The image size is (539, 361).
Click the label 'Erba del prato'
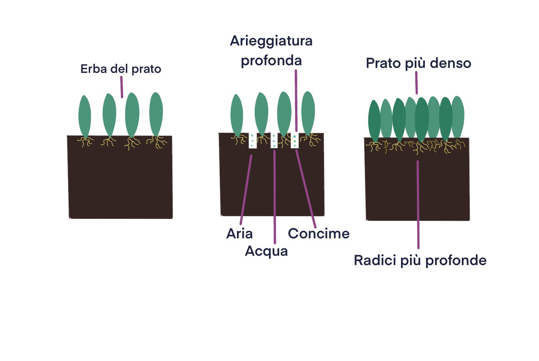coord(121,69)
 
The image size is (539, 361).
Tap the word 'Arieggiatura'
coord(271,41)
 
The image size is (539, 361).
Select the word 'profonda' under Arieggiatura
coord(271,61)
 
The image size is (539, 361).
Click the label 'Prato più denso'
coord(418,63)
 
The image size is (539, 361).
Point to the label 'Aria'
coord(239,234)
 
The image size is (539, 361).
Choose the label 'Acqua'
coord(266,251)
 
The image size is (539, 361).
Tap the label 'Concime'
coord(318,234)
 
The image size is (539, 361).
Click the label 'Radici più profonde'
coord(420,260)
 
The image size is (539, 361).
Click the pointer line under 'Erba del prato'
coord(122,87)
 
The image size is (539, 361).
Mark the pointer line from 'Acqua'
coord(274,197)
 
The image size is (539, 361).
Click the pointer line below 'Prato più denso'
coord(416,83)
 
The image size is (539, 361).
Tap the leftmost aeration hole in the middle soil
coord(253,141)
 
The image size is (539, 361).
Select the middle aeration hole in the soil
coord(274,141)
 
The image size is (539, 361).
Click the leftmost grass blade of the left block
coord(85,116)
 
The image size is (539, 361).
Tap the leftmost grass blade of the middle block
coord(237,115)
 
